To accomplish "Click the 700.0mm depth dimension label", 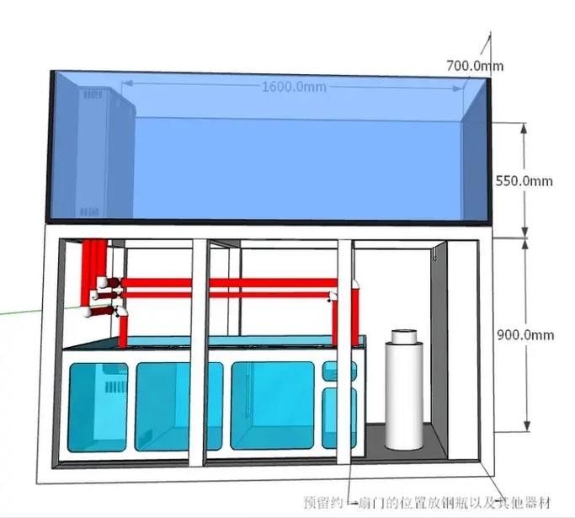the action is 475,66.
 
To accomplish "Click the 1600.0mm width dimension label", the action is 294,87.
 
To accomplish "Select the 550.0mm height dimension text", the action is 524,181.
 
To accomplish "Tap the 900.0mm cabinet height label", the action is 525,335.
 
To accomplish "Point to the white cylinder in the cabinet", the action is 404,391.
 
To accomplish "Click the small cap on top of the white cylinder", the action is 404,336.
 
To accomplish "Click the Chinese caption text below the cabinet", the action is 427,503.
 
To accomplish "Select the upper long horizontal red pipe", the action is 229,282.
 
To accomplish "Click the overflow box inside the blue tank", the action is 105,152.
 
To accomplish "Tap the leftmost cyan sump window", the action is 98,407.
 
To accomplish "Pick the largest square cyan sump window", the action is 273,405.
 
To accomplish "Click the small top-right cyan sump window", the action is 339,371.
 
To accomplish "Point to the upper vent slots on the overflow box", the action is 93,95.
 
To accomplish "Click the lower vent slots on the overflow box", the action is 89,212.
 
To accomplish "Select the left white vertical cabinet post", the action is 200,352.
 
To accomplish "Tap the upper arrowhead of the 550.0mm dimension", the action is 524,128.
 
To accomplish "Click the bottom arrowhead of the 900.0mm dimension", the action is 527,425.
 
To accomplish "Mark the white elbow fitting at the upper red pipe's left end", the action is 104,283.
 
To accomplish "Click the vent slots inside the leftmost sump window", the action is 116,387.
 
